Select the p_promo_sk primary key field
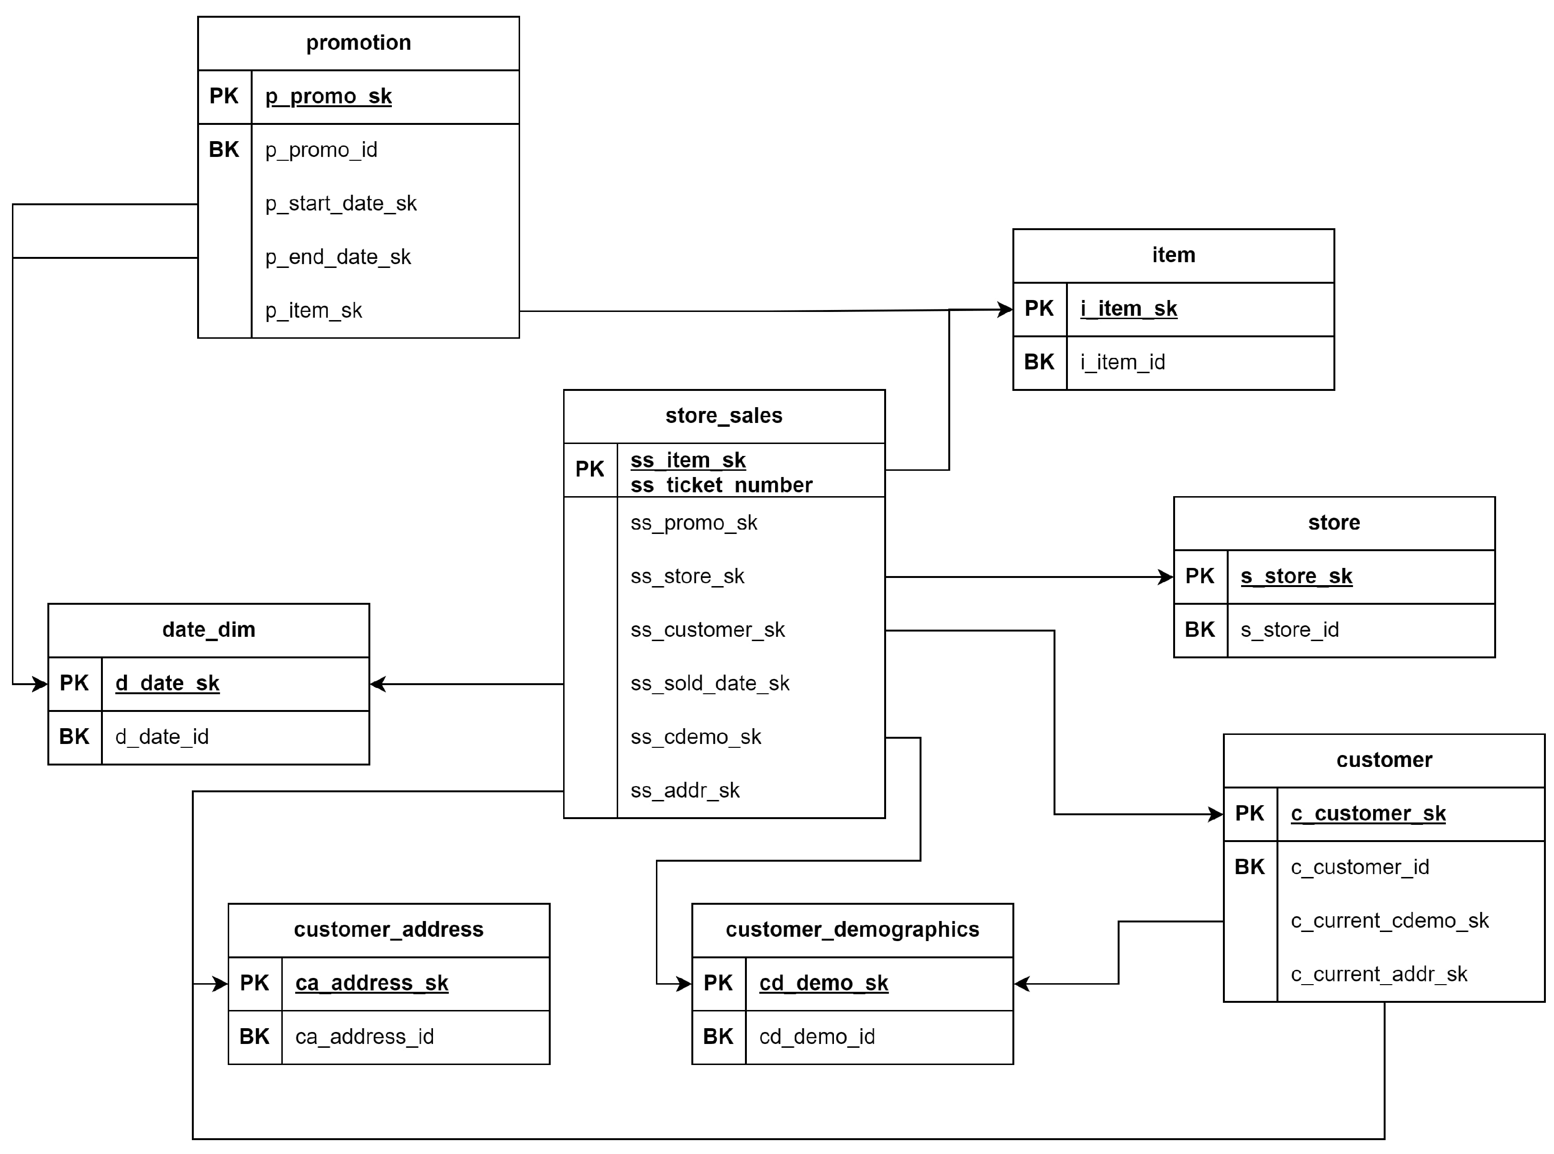tap(328, 96)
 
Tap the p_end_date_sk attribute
tap(338, 257)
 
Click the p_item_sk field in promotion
tap(313, 311)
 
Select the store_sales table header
tap(723, 416)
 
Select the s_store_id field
tap(1289, 630)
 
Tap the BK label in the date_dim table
tap(74, 737)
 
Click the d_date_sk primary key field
tap(167, 684)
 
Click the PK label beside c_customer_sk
tap(1250, 814)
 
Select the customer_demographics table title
tap(852, 930)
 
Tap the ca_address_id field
tap(365, 1037)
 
